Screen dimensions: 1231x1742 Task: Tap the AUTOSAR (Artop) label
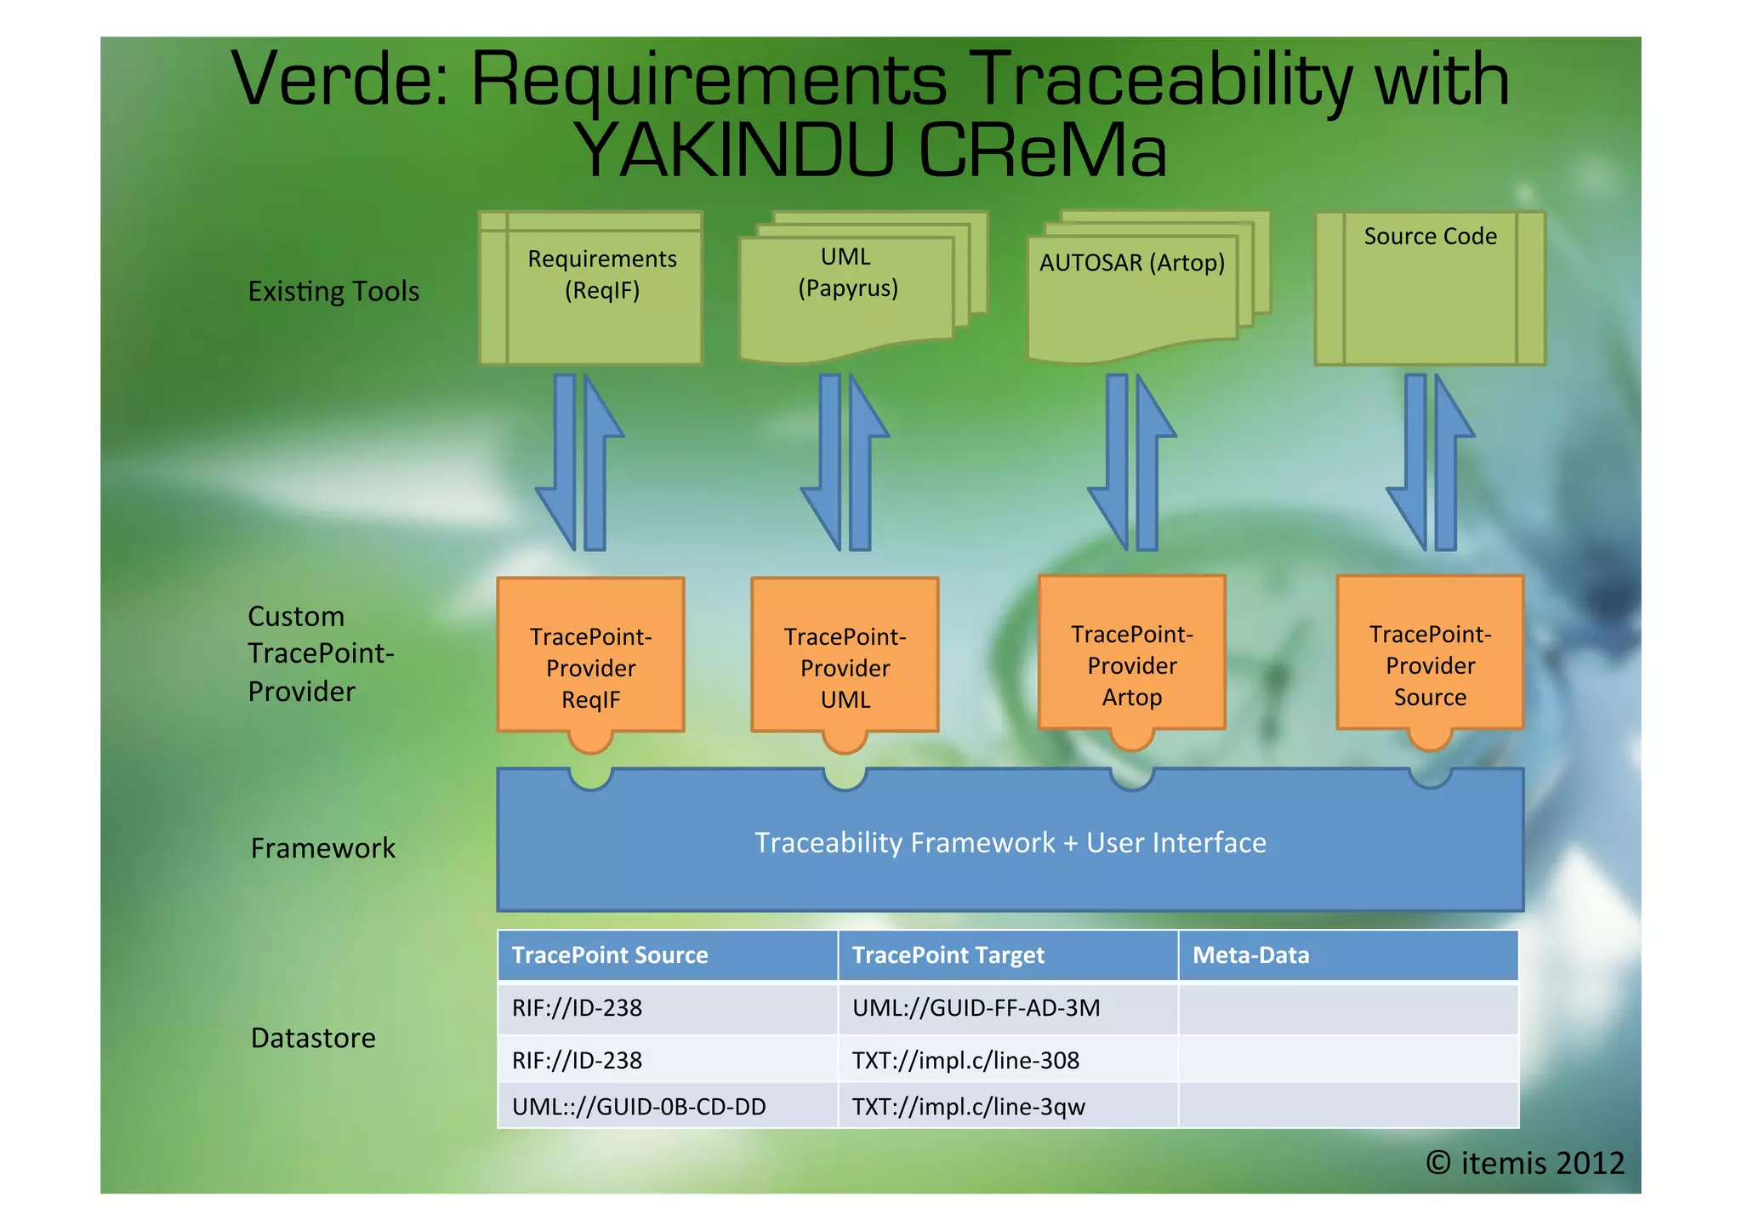[x=1131, y=263]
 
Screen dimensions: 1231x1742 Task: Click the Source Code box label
[x=1430, y=237]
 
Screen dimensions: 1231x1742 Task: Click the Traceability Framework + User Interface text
[x=1010, y=842]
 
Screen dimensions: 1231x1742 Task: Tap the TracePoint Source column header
[x=610, y=955]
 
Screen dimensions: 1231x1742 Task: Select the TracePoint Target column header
[x=948, y=955]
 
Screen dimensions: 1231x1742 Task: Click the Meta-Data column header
[x=1250, y=955]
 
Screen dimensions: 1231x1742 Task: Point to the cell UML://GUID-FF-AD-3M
[x=976, y=1008]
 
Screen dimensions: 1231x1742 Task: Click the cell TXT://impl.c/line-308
[x=965, y=1060]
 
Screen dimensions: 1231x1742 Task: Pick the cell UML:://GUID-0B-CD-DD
[x=639, y=1107]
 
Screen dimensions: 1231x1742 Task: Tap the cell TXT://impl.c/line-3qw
[x=968, y=1107]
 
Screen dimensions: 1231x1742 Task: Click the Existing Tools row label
[x=333, y=292]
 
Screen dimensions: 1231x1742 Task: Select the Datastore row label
[x=313, y=1038]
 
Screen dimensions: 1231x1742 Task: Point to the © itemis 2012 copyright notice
[x=1524, y=1162]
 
